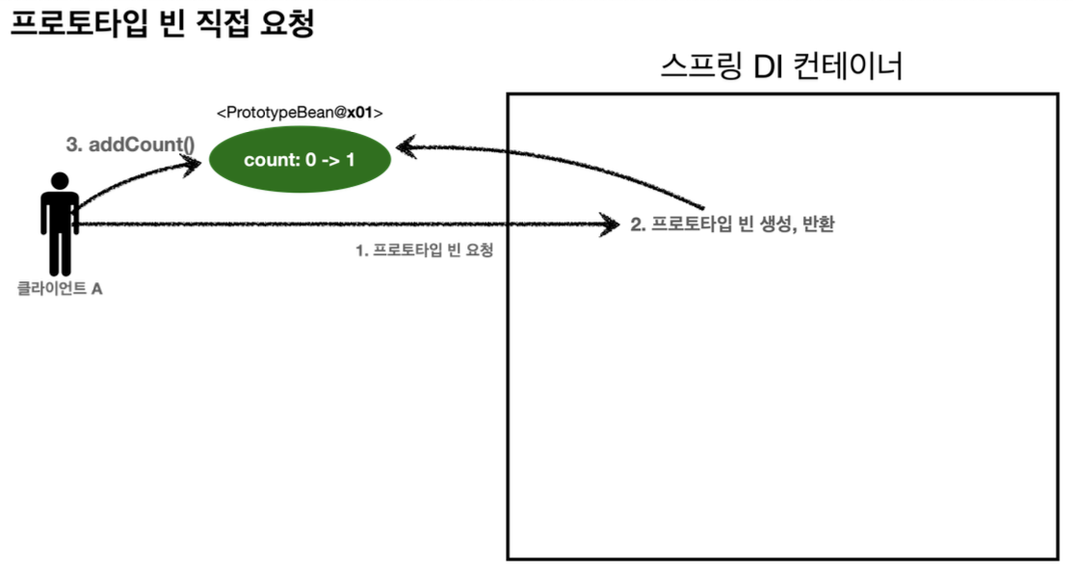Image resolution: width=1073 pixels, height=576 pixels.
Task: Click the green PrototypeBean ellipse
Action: (x=300, y=160)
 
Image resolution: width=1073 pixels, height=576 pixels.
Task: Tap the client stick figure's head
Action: (x=60, y=181)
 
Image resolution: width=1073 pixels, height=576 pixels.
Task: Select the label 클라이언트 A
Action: (x=60, y=287)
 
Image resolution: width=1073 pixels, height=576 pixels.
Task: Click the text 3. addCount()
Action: (x=130, y=145)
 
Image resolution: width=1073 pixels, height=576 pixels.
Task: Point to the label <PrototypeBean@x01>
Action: (x=300, y=114)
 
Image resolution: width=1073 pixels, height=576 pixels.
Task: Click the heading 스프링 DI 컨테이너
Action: (x=782, y=68)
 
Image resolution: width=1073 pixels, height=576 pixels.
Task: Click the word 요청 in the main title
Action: (x=286, y=24)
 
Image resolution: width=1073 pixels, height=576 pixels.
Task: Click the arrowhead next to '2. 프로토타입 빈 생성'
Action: (x=609, y=225)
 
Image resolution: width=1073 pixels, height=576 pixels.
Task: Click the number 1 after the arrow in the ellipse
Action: (x=350, y=160)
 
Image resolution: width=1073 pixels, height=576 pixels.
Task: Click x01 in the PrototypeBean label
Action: (x=361, y=114)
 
